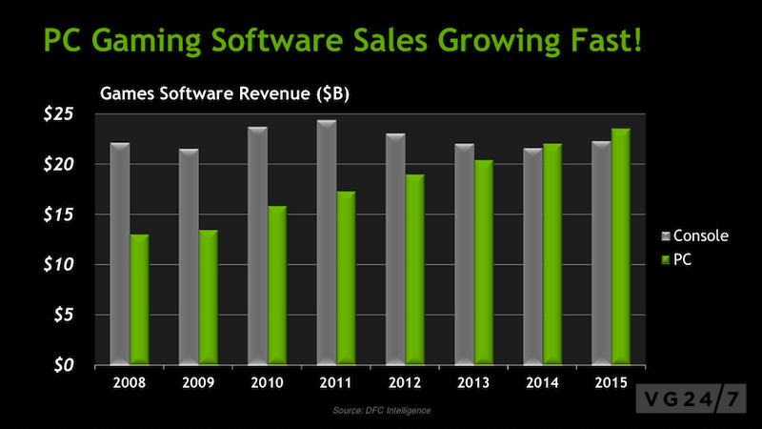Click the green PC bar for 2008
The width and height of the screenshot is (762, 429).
(x=139, y=299)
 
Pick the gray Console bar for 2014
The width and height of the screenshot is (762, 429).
(x=532, y=256)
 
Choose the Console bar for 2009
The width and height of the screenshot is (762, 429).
(x=189, y=256)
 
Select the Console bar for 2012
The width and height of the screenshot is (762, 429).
(x=395, y=249)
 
